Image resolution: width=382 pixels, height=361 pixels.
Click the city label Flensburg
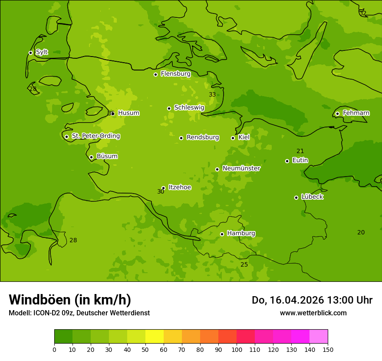(175, 74)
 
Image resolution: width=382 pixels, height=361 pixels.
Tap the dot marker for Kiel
(233, 138)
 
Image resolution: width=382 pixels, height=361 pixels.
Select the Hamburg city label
(241, 234)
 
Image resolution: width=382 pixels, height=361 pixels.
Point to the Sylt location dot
(30, 53)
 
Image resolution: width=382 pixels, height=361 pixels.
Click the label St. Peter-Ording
(95, 136)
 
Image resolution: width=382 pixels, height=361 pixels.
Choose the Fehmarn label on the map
(356, 113)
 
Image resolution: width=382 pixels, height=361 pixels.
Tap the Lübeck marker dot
(296, 197)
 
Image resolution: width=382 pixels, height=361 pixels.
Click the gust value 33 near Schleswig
(212, 95)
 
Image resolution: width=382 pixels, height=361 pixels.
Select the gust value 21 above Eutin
(300, 151)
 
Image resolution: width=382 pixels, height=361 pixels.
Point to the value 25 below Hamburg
(244, 265)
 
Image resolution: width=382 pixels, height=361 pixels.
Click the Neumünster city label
(241, 169)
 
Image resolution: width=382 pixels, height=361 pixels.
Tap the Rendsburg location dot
(181, 138)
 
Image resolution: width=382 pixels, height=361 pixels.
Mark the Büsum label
(107, 157)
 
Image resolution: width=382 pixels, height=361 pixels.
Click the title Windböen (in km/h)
(70, 300)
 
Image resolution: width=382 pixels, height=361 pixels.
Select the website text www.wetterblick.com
(313, 313)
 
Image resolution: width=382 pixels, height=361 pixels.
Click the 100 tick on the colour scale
(237, 350)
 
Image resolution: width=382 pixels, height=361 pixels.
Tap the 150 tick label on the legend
(328, 350)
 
